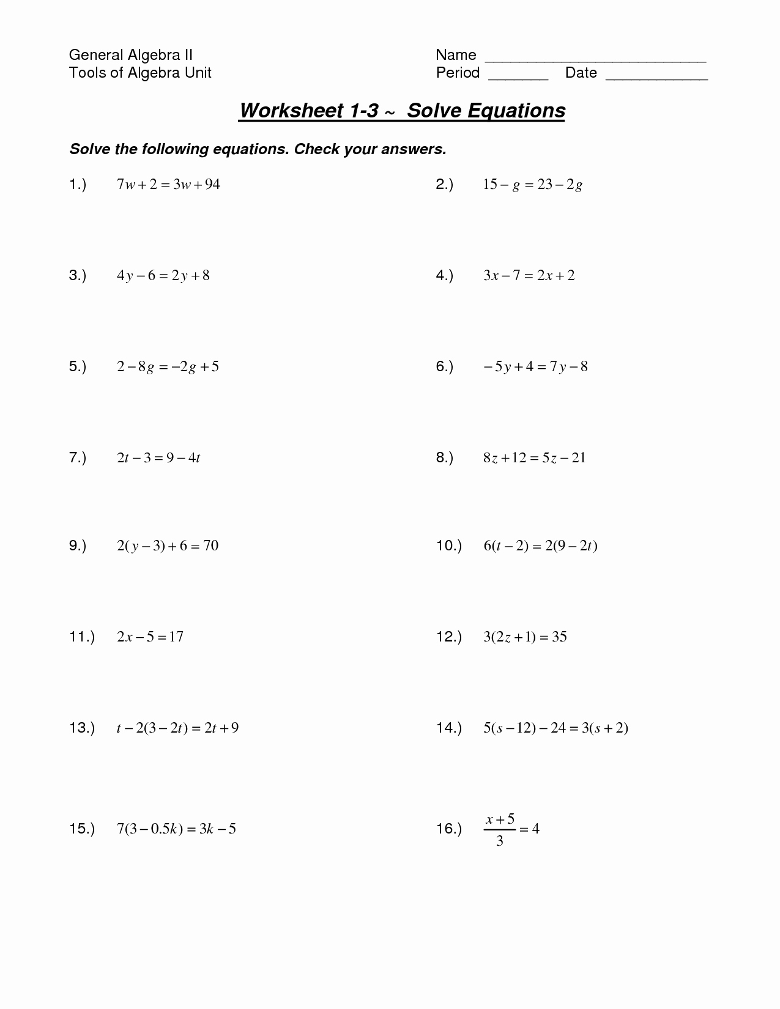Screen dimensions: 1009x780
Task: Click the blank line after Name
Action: [x=595, y=61]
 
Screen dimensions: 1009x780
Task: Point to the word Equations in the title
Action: [x=516, y=111]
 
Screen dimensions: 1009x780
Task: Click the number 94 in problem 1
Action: [x=212, y=184]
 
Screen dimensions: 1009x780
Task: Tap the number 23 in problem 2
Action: [x=544, y=184]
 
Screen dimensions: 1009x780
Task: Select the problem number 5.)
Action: [x=78, y=366]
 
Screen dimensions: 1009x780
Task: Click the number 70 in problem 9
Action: [x=210, y=545]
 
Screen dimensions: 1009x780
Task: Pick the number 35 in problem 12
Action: [x=559, y=637]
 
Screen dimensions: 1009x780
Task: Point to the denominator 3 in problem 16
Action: [x=500, y=841]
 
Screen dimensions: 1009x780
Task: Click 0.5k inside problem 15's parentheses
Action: [x=164, y=829]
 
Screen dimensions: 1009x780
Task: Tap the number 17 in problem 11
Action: [x=176, y=637]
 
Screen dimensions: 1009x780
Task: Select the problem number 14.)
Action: [x=448, y=728]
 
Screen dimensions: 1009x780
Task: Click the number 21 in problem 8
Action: [x=578, y=457]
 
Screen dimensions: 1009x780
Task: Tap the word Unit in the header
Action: [x=198, y=73]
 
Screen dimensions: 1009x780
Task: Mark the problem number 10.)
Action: [x=448, y=545]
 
